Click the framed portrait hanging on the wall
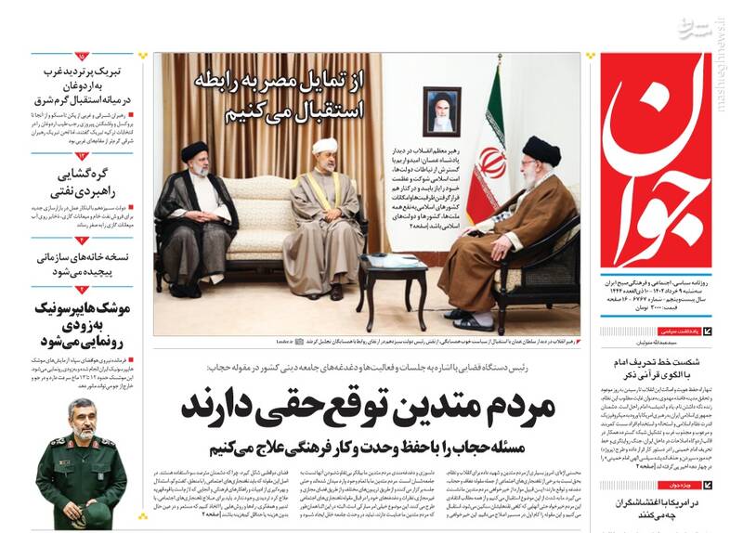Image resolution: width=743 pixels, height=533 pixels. click(442, 111)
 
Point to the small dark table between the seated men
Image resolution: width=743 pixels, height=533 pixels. click(391, 278)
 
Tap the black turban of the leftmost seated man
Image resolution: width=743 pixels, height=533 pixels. click(194, 149)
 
